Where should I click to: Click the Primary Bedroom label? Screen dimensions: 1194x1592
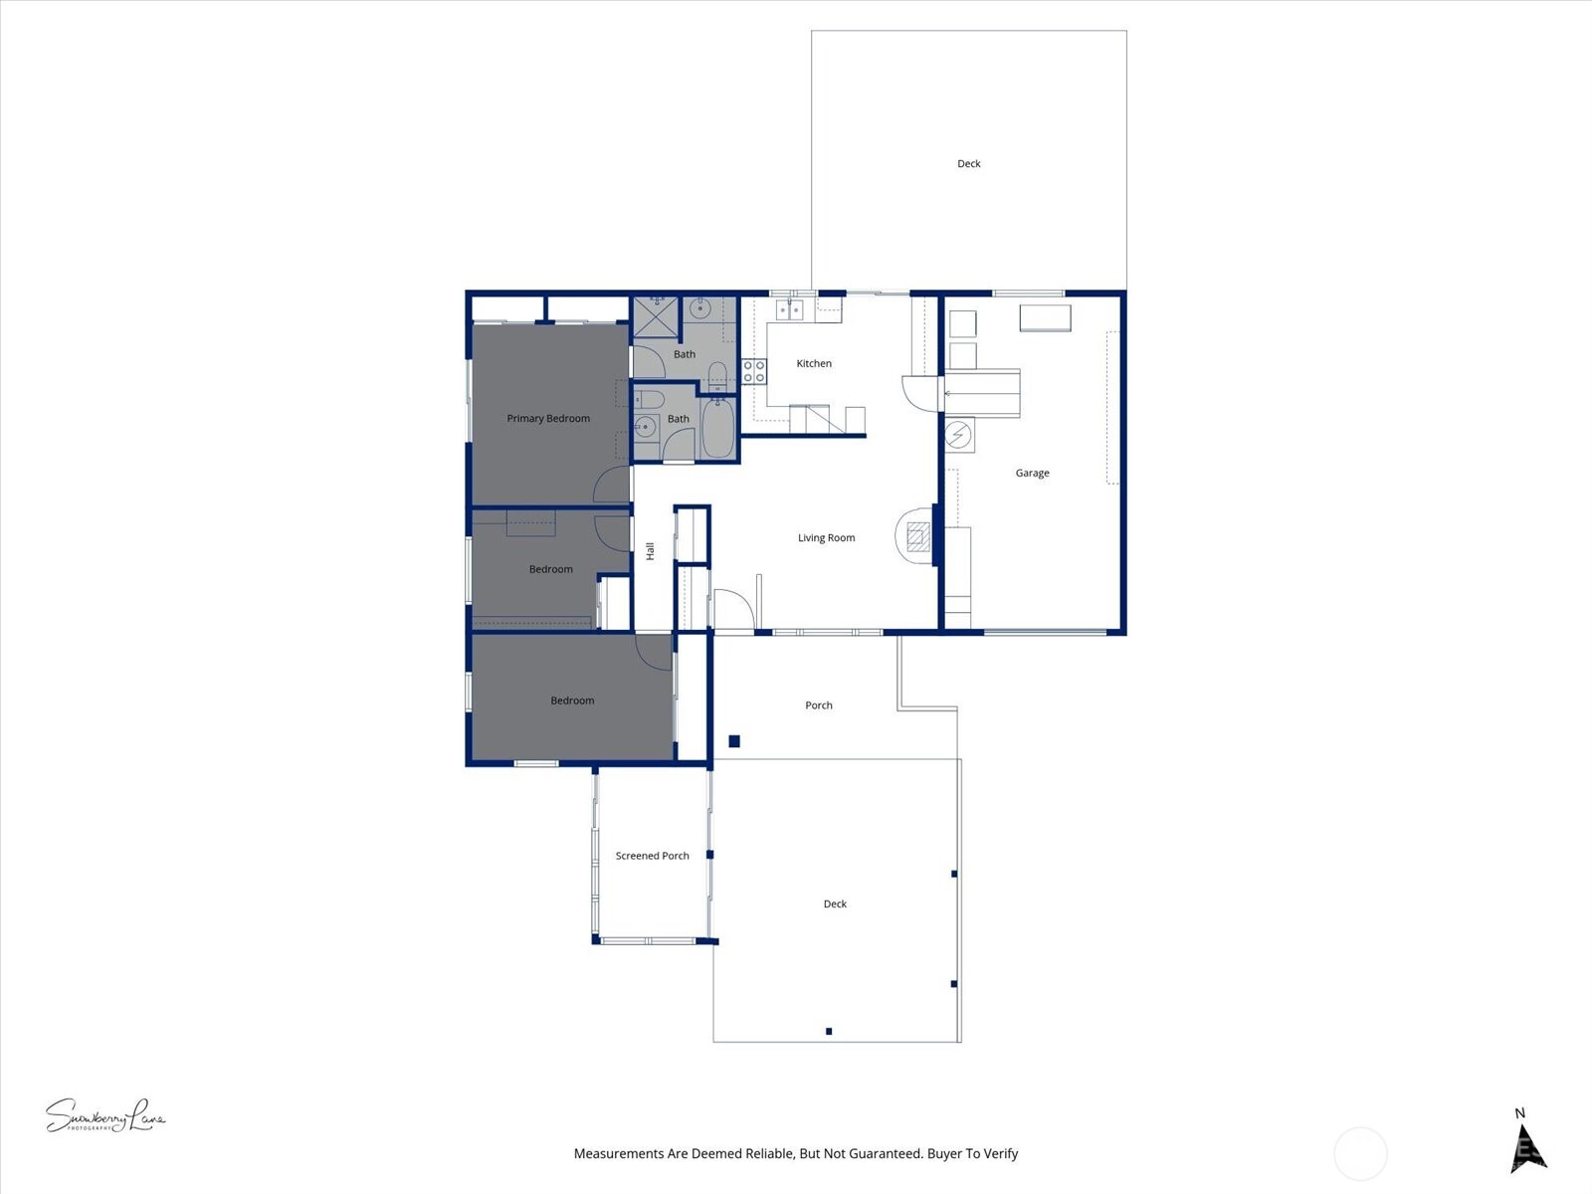point(548,419)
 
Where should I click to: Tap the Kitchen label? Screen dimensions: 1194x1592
point(814,364)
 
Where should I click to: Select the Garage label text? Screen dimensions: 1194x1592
point(1032,474)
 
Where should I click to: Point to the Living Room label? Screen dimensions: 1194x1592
point(826,538)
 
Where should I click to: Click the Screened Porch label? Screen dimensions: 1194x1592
point(652,856)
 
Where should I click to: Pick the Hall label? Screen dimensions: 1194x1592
point(650,551)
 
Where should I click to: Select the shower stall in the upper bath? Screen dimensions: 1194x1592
point(656,316)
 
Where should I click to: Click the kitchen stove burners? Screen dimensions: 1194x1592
point(754,372)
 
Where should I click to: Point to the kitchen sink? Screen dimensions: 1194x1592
point(790,310)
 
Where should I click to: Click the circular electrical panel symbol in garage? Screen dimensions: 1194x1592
point(958,435)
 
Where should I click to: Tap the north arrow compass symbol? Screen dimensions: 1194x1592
point(1528,1150)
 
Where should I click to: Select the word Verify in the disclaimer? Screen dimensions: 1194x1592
point(1000,1154)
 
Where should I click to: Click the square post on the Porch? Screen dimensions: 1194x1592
point(734,741)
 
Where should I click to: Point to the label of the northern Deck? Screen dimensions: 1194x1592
point(968,164)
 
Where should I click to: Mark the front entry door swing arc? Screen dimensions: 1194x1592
point(734,609)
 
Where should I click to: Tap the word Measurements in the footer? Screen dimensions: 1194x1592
point(618,1154)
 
